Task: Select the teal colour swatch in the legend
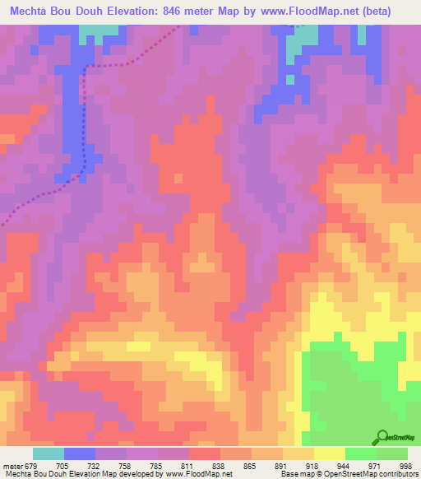pos(49,453)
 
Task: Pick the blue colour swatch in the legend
pos(80,453)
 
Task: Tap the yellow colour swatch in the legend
pos(329,453)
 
